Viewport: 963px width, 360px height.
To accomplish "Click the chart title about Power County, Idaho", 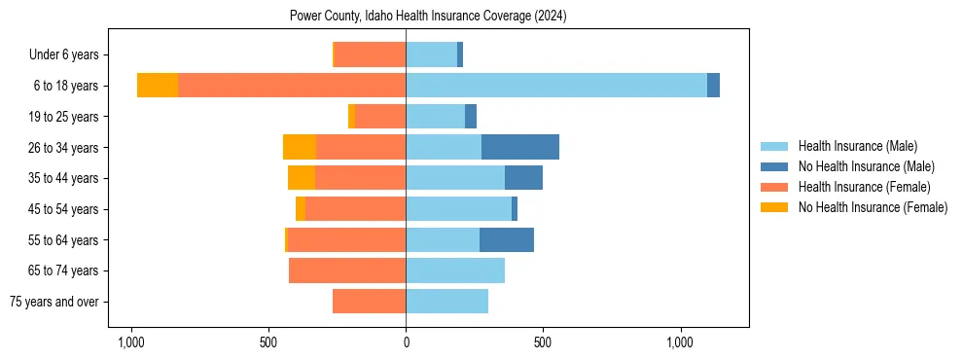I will click(x=428, y=17).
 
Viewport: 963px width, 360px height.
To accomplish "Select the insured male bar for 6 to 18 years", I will click(x=556, y=86).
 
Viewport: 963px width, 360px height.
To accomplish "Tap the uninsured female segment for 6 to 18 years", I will click(x=158, y=86).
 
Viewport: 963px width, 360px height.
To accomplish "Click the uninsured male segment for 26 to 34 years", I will click(x=520, y=147).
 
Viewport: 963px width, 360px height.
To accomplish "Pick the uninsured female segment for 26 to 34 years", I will click(x=300, y=147).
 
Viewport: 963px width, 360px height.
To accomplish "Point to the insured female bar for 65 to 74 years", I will click(x=347, y=270).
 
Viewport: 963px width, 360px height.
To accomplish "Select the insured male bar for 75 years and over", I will click(x=446, y=302).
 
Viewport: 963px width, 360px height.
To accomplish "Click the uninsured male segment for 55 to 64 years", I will click(x=507, y=239).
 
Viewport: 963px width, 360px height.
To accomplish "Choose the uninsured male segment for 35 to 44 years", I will click(x=523, y=178).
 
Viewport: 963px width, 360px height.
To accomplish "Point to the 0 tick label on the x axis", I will click(x=406, y=342).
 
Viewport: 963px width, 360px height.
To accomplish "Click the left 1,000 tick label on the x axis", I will click(x=131, y=342).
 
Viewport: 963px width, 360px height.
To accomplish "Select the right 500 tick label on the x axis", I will click(x=543, y=342).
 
